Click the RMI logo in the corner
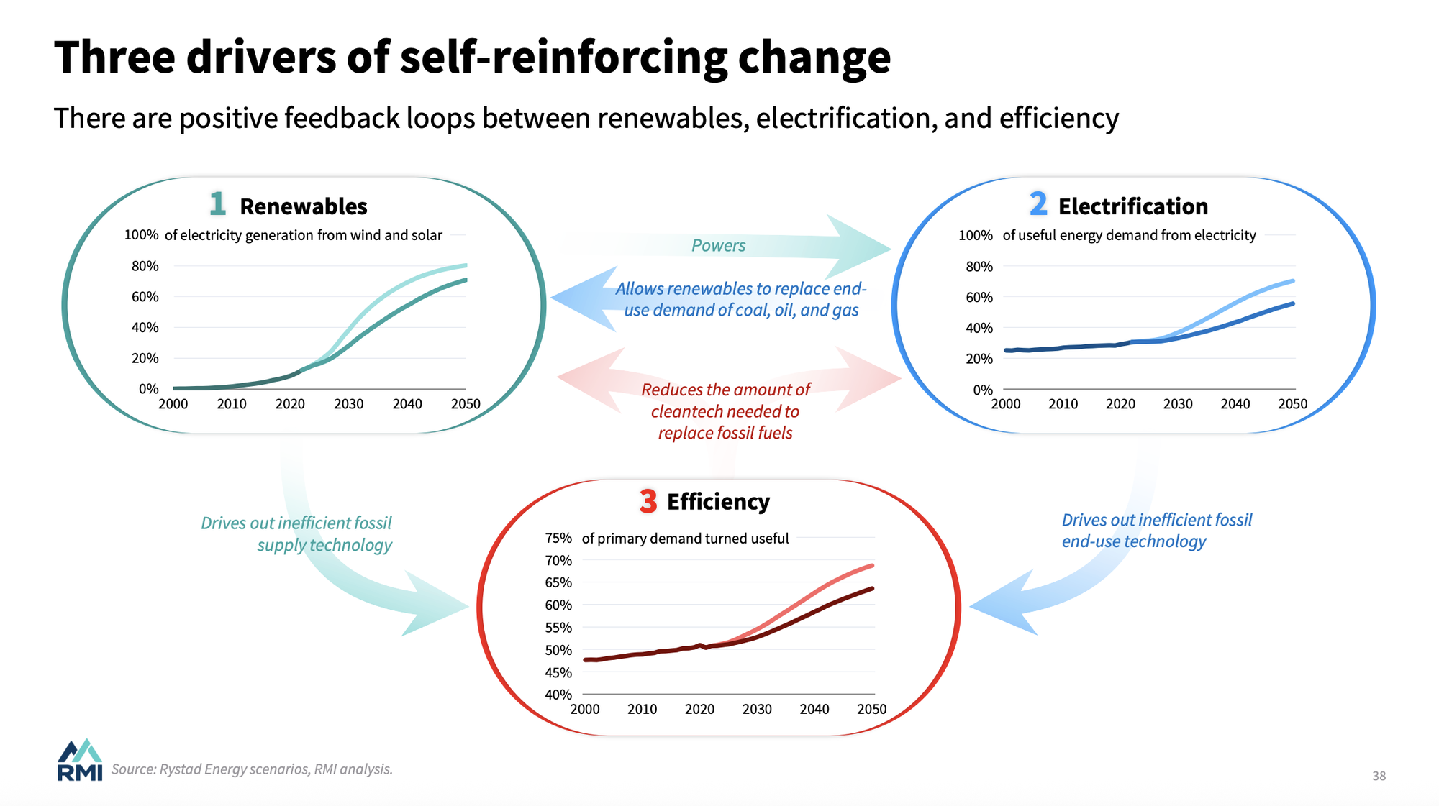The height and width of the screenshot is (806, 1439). pos(79,760)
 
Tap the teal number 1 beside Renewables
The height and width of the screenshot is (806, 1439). pos(217,203)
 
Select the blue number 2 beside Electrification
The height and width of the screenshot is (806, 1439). pos(1038,203)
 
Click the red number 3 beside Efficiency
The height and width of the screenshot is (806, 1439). pos(648,500)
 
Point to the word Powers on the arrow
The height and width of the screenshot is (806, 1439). pos(718,246)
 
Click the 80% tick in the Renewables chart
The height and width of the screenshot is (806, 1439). pos(145,266)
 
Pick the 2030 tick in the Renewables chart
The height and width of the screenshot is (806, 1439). pos(348,404)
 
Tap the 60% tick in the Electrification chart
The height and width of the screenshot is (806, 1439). pos(979,297)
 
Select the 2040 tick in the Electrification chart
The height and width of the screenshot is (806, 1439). pos(1235,404)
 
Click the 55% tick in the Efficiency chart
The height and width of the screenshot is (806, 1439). pos(558,628)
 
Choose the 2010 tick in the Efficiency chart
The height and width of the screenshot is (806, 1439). pos(642,710)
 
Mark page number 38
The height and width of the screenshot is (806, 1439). pos(1379,776)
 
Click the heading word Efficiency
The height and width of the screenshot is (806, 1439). pos(718,502)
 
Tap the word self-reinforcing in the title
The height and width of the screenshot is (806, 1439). pos(563,58)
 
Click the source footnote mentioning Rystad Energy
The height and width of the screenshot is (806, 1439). pos(252,769)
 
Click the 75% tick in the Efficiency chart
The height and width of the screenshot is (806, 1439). pos(558,539)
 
